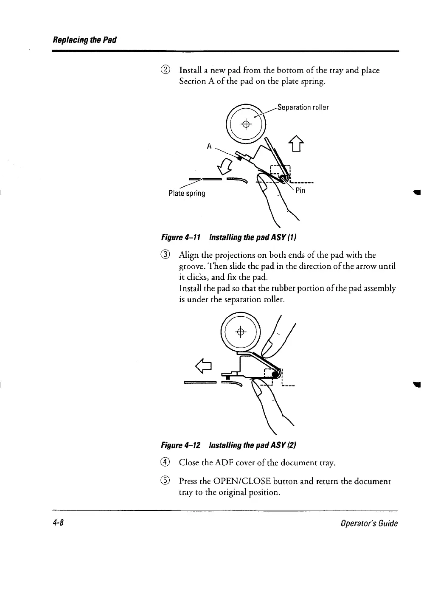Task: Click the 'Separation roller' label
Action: pos(303,107)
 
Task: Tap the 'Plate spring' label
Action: pos(187,194)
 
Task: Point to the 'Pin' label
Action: pos(300,190)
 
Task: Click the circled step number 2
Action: pos(167,70)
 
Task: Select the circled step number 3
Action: pos(167,255)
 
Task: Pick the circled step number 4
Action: pos(167,462)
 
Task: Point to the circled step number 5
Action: pos(167,481)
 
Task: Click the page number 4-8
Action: pos(58,523)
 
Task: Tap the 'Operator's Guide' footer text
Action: pos(370,523)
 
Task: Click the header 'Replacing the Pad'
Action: pos(84,40)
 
